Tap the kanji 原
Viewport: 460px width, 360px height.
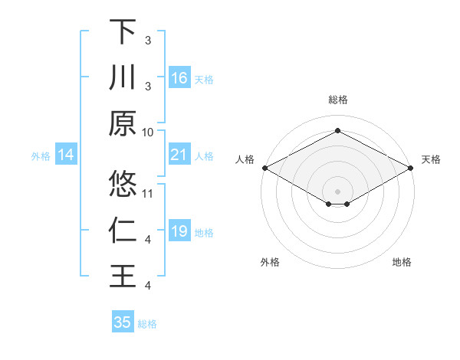(x=123, y=123)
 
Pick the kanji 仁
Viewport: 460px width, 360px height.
(x=123, y=231)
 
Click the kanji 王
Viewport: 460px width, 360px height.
(x=123, y=276)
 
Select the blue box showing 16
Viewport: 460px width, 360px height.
(x=179, y=78)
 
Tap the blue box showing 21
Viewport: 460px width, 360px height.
(x=179, y=155)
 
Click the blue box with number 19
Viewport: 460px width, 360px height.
(x=179, y=232)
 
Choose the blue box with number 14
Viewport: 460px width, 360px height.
(x=66, y=155)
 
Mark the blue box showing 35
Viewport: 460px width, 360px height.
(x=123, y=322)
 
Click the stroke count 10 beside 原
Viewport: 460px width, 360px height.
(x=148, y=132)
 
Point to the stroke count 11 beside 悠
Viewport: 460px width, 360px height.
(x=149, y=193)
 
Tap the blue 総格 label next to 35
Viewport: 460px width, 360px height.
(x=148, y=323)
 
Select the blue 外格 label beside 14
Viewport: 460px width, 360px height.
(x=41, y=156)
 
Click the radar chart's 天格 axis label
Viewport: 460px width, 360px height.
(x=431, y=159)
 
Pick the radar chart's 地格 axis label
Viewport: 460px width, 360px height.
(x=402, y=262)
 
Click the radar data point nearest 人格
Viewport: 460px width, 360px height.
(x=264, y=168)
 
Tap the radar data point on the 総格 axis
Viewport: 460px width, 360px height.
(x=337, y=130)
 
